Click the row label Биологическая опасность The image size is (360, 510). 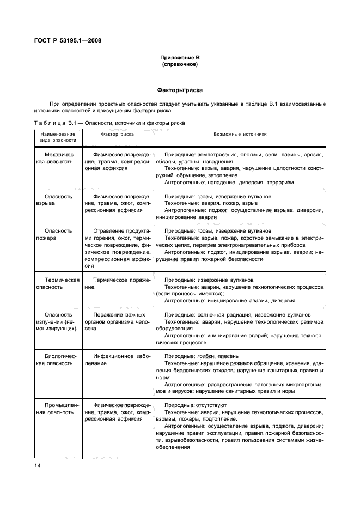(x=58, y=360)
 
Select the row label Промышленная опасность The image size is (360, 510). (x=58, y=409)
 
